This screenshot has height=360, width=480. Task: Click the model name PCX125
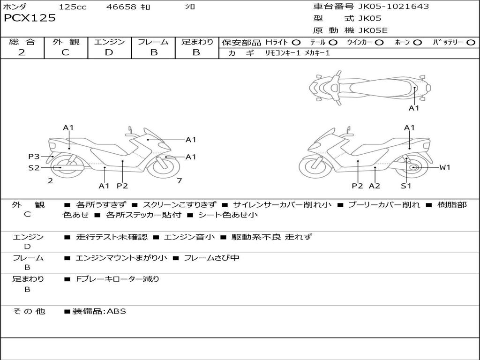tap(30, 18)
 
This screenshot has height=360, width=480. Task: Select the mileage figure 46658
tap(121, 7)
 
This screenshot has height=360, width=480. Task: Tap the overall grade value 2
tap(22, 52)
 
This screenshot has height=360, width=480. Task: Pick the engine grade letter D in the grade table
tap(109, 52)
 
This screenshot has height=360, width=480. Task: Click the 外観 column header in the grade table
tap(65, 42)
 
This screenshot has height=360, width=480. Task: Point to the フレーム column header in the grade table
tap(153, 42)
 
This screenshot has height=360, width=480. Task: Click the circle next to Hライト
tap(296, 42)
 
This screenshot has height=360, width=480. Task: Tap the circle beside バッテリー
tap(471, 42)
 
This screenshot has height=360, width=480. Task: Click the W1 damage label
tap(444, 167)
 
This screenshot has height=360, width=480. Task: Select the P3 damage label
tap(34, 157)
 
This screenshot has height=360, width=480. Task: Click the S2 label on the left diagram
tap(34, 167)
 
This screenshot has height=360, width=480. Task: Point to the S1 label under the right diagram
tap(406, 186)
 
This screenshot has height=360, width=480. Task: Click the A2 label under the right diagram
tap(375, 186)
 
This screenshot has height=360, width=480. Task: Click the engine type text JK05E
tap(373, 30)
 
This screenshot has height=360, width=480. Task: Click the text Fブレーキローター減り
tap(118, 279)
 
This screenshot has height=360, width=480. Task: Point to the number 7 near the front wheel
tap(180, 180)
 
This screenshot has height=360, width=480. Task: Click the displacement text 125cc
tap(73, 7)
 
